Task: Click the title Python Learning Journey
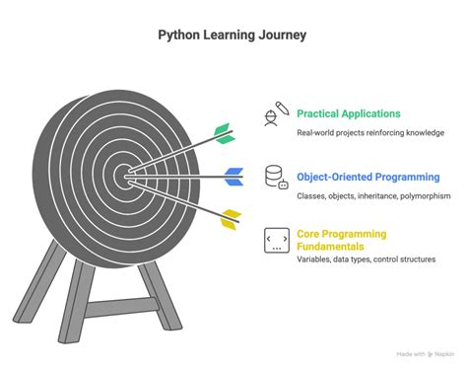pos(233,36)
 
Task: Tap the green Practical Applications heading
pos(349,113)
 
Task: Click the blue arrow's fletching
pos(233,177)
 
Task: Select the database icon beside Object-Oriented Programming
pos(276,177)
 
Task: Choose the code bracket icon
pos(276,240)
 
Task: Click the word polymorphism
pos(410,195)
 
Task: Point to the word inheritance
pos(363,195)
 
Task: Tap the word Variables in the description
pos(315,258)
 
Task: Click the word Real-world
pos(316,133)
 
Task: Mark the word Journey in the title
pos(283,36)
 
